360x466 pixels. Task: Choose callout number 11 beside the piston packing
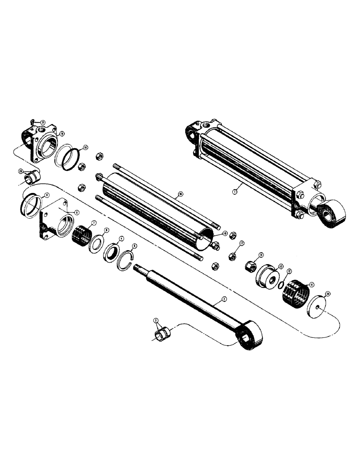pyautogui.click(x=312, y=284)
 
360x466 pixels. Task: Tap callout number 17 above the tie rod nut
pyautogui.click(x=242, y=243)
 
